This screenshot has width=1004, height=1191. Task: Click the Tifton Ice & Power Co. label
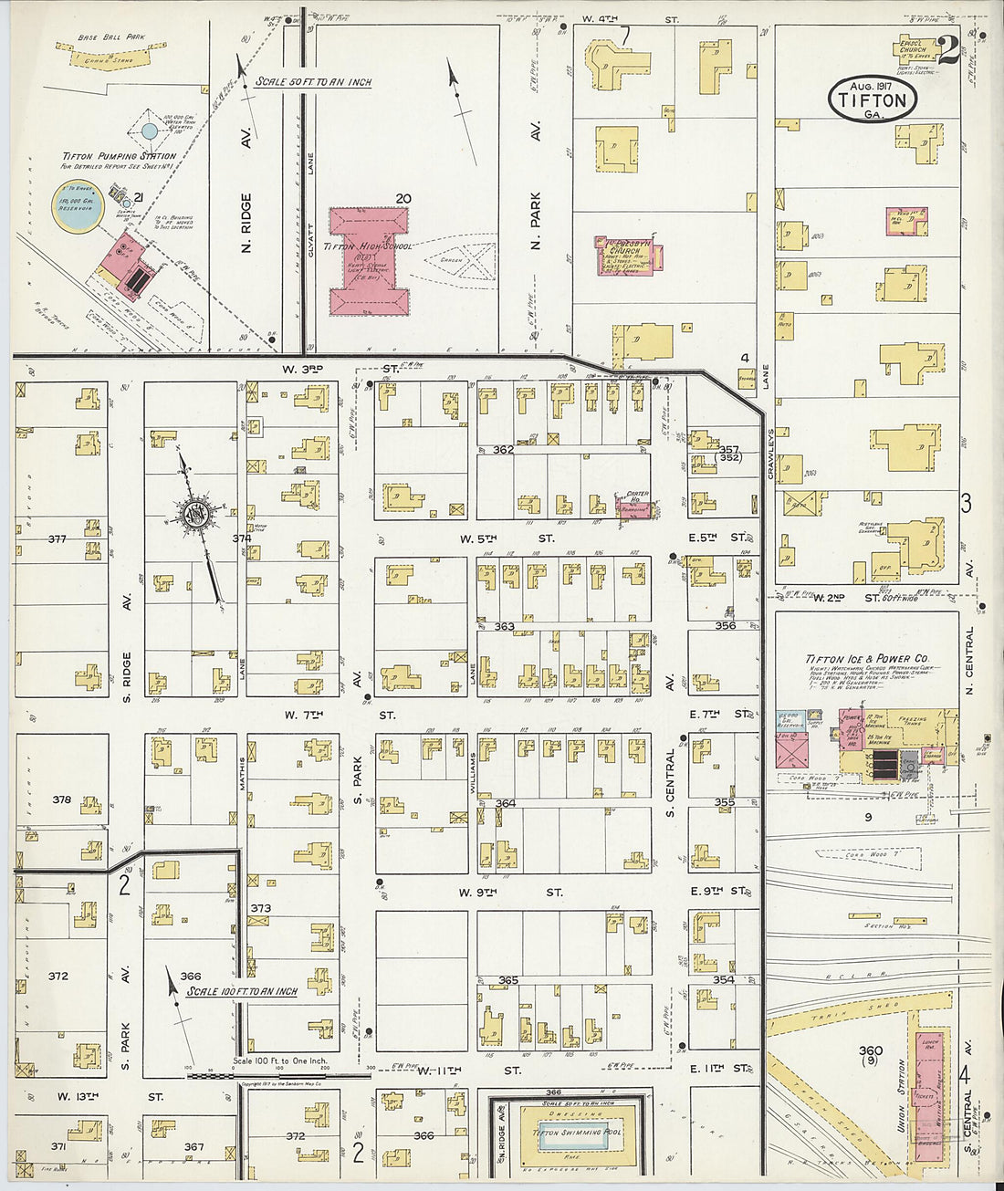pos(866,658)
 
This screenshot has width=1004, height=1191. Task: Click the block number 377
pos(57,539)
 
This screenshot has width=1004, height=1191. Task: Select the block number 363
pos(504,627)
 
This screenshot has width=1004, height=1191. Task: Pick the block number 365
pos(507,981)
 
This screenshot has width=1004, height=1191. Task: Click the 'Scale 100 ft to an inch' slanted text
pos(242,991)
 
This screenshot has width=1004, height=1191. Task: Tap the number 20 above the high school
pos(403,198)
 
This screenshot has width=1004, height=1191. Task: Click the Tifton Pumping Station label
pos(119,156)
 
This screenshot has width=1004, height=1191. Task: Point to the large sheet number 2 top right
pos(946,49)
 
